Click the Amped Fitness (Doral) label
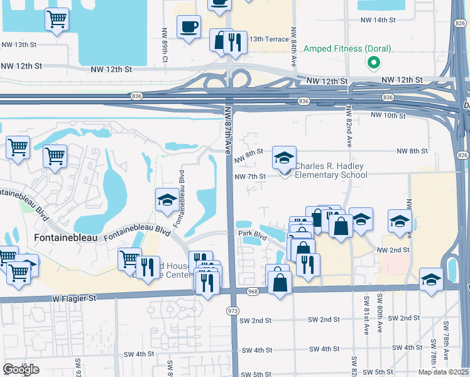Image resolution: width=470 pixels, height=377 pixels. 347,48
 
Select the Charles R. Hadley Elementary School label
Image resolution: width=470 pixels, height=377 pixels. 331,170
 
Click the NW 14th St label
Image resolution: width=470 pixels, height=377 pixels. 378,20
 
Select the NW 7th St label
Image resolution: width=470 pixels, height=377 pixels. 251,177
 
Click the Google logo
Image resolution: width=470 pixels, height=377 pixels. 21,369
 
